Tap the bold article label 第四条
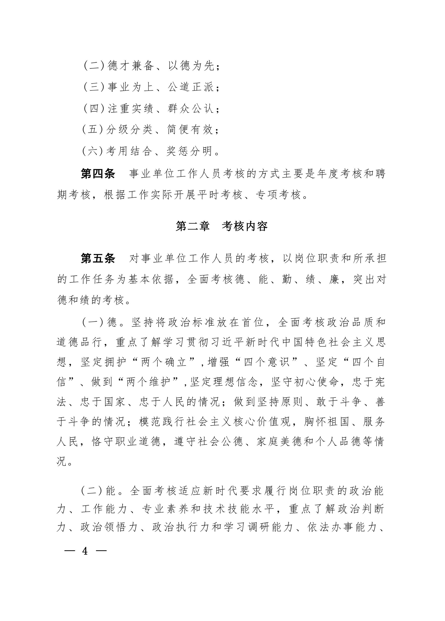coord(98,174)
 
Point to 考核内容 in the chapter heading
coord(244,226)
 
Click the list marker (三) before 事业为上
coord(94,87)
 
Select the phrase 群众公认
coord(191,109)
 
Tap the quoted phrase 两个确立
coord(164,362)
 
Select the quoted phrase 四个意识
coord(267,362)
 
